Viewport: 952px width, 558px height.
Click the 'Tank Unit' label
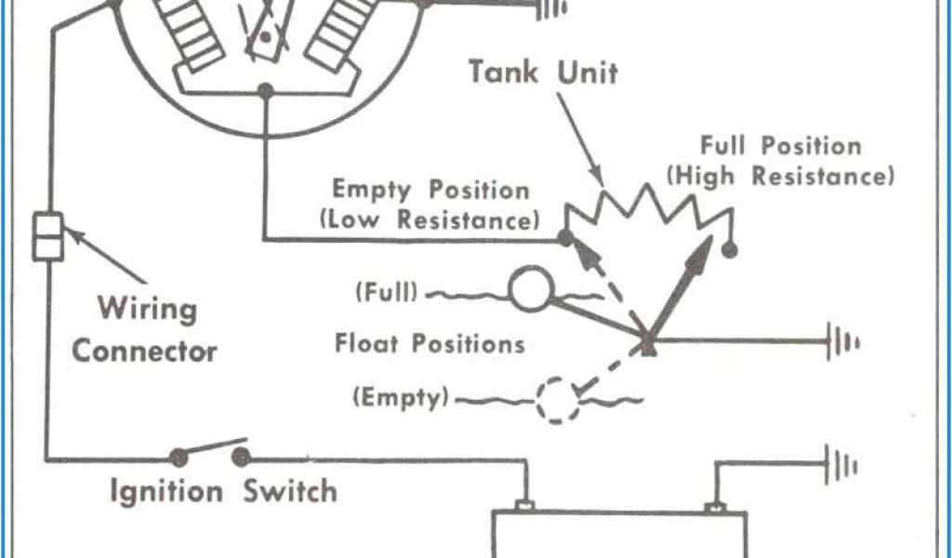[543, 72]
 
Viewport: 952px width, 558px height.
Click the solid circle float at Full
[531, 290]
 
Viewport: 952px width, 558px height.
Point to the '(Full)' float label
[385, 293]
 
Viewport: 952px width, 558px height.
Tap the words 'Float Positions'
[430, 344]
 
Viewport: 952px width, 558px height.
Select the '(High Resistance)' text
[781, 176]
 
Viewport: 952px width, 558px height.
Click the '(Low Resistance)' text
[429, 220]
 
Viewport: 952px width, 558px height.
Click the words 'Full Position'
[781, 146]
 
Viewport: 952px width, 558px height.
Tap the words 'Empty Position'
[430, 190]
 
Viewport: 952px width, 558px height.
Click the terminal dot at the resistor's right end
[731, 250]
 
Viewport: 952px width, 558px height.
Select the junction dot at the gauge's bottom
[265, 90]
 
